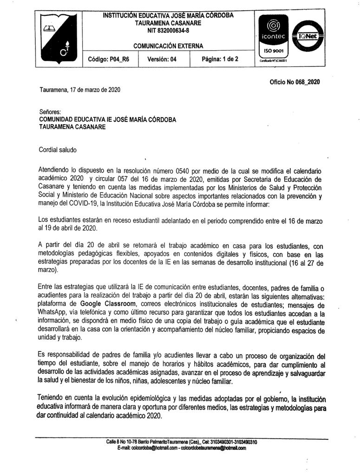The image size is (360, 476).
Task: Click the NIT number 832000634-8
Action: coord(168,31)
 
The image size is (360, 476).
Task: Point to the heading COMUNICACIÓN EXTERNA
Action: coord(168,46)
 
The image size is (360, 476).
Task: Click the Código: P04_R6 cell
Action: coord(109,59)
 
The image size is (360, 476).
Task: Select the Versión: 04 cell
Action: coord(162,59)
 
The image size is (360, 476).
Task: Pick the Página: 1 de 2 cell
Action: coord(220,59)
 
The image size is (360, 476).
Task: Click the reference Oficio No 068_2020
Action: coord(295,82)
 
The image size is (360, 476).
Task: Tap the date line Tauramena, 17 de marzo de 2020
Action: coord(79,90)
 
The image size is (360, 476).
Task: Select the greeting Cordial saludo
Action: coord(58,150)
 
